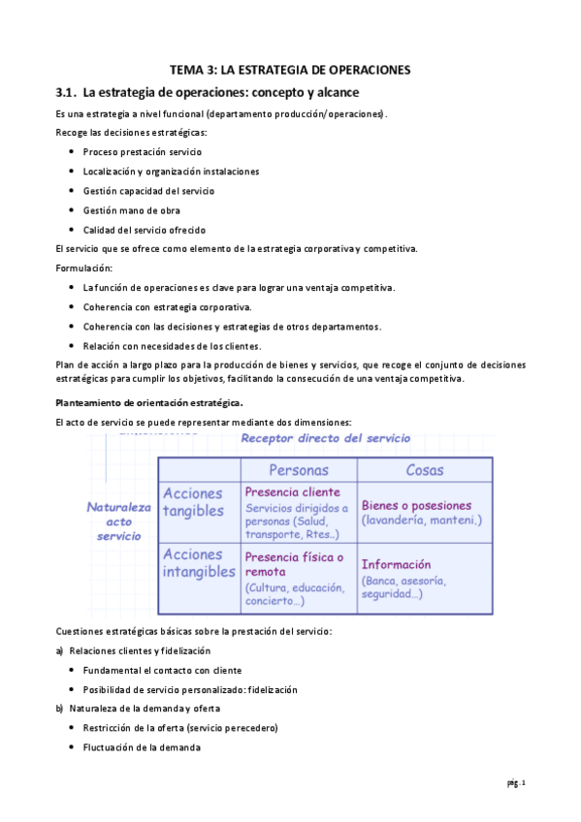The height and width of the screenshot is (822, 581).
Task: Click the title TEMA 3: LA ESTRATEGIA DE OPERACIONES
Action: (290, 70)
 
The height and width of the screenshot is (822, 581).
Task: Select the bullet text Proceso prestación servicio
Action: (142, 152)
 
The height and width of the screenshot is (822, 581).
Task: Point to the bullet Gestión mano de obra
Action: (131, 210)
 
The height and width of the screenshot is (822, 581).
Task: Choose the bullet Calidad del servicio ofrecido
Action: (144, 230)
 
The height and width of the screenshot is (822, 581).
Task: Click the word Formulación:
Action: (84, 268)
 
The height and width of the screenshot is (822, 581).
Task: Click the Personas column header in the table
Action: (298, 470)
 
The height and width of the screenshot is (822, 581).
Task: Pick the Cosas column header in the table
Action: (425, 470)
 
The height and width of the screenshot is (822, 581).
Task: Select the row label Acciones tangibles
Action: (193, 502)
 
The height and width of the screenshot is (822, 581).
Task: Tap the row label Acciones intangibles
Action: (199, 563)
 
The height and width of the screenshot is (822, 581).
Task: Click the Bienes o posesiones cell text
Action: (416, 505)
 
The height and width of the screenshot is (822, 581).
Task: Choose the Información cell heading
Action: (396, 564)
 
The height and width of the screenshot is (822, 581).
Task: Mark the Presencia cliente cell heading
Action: (292, 491)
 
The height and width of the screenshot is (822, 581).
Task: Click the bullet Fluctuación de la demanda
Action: (142, 747)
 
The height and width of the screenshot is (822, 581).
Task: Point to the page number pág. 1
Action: (515, 782)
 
